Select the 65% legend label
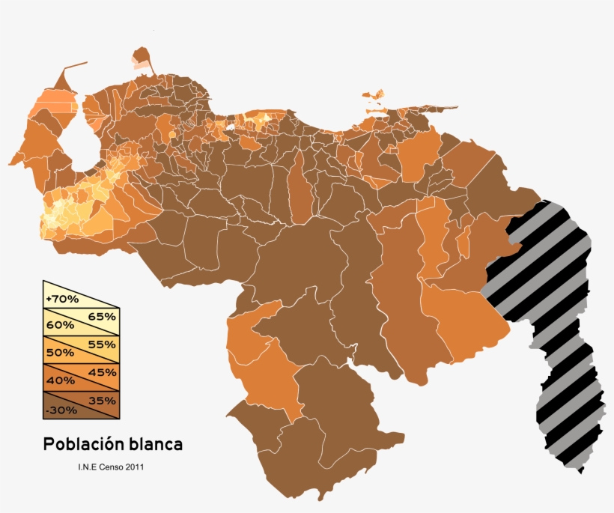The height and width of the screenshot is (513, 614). click(x=103, y=316)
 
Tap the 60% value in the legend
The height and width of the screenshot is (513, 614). click(x=59, y=325)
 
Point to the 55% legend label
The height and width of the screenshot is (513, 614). click(x=103, y=344)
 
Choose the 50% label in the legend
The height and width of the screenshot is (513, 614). click(x=59, y=353)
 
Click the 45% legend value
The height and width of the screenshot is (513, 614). click(x=103, y=372)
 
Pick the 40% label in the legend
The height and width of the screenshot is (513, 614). click(x=59, y=380)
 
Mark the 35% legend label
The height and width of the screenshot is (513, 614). click(x=103, y=400)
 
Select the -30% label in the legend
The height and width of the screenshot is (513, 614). click(x=60, y=409)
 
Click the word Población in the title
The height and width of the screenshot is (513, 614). click(x=83, y=444)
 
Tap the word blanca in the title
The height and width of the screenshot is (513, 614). click(x=156, y=444)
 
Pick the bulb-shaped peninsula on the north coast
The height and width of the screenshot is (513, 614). click(x=140, y=58)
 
